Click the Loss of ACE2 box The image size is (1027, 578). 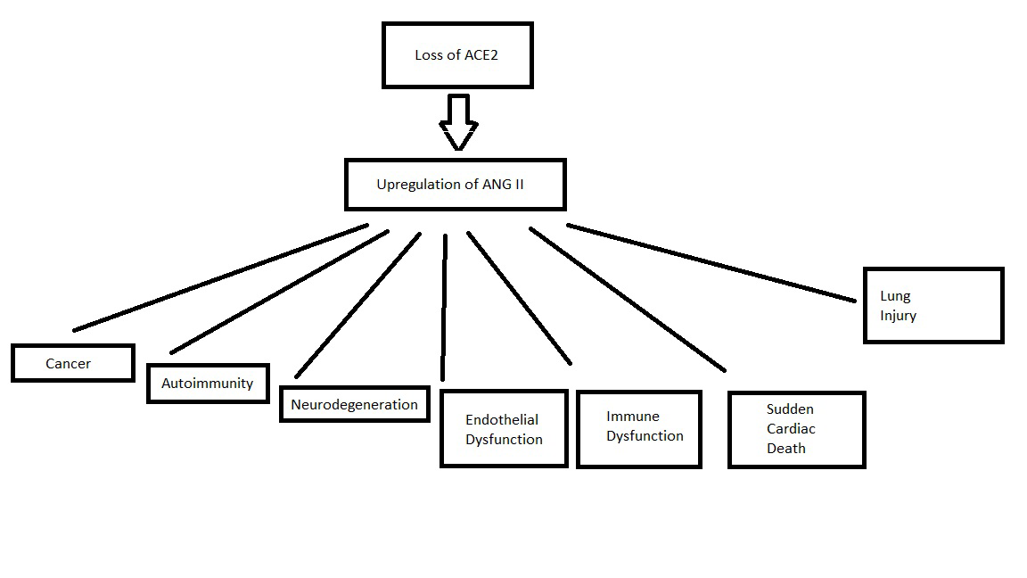point(457,55)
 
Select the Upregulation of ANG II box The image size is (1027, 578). point(456,185)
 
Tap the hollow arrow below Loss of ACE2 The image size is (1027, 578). point(459,122)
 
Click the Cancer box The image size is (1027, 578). point(73,363)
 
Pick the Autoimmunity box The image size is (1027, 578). point(208,384)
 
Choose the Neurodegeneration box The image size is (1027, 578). point(354,404)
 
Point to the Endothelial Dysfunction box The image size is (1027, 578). point(504,429)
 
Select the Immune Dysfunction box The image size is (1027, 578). point(639,429)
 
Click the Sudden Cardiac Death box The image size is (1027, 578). point(796,429)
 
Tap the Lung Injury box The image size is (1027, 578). point(933,305)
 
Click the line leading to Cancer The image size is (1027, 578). point(220,277)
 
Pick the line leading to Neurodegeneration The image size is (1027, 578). point(357,304)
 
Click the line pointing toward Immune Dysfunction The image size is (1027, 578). point(519,298)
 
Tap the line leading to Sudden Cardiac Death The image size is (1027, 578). point(627,299)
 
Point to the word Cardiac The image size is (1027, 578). point(791,429)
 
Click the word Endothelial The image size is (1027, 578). point(502,419)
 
